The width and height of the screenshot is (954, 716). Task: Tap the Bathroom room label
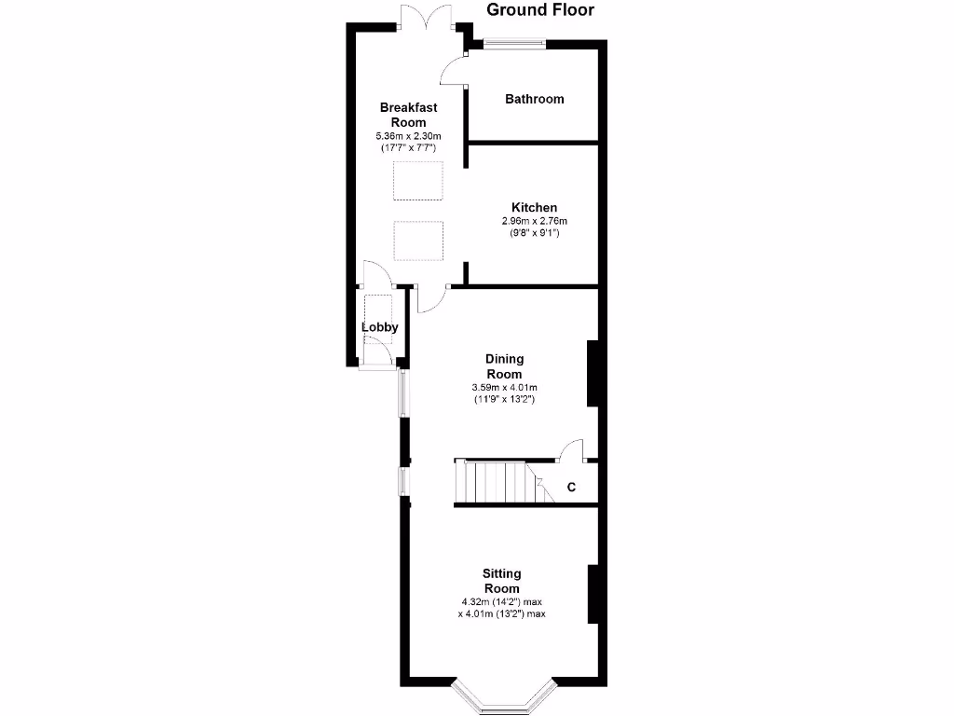click(x=534, y=99)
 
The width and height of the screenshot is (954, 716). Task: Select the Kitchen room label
click(x=534, y=207)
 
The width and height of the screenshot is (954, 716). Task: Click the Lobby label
click(x=380, y=327)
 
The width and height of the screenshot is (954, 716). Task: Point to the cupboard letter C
click(x=571, y=487)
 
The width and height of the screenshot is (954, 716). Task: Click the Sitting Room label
click(x=501, y=581)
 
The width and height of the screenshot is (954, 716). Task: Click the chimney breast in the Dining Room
click(x=592, y=374)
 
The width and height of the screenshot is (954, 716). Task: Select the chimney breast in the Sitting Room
click(x=592, y=594)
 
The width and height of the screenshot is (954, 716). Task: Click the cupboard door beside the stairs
click(x=572, y=450)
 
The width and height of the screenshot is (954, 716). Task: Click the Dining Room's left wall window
click(x=402, y=392)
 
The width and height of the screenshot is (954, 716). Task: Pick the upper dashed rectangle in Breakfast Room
click(x=417, y=181)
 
